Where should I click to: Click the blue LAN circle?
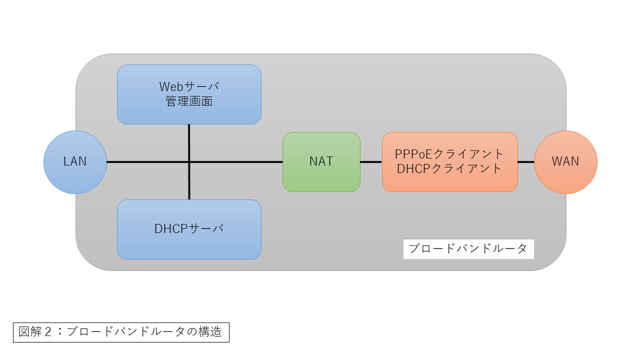tap(75, 162)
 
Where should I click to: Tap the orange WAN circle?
tap(565, 162)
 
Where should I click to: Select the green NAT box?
tap(321, 162)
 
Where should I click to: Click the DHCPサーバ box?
tap(189, 229)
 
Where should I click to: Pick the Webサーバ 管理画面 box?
tap(189, 94)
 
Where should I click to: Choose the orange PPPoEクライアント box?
tap(450, 162)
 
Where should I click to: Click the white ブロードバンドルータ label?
tap(468, 249)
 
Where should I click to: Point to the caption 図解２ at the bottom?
tap(35, 332)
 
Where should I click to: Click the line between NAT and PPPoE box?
tap(371, 162)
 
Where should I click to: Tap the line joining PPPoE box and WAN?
tap(526, 162)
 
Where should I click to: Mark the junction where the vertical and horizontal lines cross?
tap(189, 162)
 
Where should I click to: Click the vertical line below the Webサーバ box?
tap(189, 143)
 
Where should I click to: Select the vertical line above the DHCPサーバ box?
tap(189, 181)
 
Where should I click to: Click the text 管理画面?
tap(189, 101)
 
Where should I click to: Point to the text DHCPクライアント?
tap(449, 168)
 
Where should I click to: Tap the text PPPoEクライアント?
tap(449, 154)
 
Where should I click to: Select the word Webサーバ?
tap(189, 86)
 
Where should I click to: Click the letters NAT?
tap(321, 161)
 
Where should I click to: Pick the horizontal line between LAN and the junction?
tap(147, 162)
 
